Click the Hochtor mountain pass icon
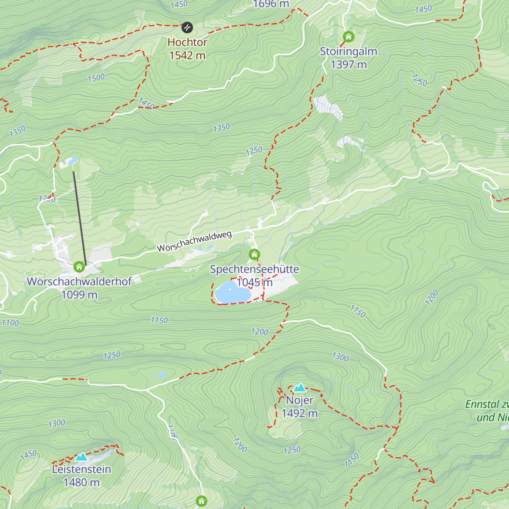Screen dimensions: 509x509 pyautogui.click(x=187, y=28)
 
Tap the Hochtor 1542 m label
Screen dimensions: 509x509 pyautogui.click(x=187, y=49)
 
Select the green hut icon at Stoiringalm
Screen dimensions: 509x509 pyautogui.click(x=348, y=36)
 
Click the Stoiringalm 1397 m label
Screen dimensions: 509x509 pyautogui.click(x=348, y=58)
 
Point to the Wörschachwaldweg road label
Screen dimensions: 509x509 pyautogui.click(x=194, y=241)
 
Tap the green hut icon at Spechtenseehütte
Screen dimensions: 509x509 pyautogui.click(x=254, y=255)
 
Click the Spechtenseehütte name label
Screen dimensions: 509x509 pyautogui.click(x=254, y=269)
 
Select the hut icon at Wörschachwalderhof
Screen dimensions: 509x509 pyautogui.click(x=79, y=267)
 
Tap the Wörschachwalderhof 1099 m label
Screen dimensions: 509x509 pyautogui.click(x=79, y=288)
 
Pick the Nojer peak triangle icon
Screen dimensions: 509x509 pyautogui.click(x=299, y=387)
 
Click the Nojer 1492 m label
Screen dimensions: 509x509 pyautogui.click(x=299, y=406)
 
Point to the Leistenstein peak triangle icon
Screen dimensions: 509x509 pyautogui.click(x=81, y=457)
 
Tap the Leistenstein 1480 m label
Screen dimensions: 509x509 pyautogui.click(x=81, y=475)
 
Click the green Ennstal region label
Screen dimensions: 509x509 pyautogui.click(x=488, y=411)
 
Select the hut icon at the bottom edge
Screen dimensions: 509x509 pyautogui.click(x=201, y=501)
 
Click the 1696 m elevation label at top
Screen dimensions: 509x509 pyautogui.click(x=271, y=4)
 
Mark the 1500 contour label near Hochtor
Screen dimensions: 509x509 pyautogui.click(x=96, y=78)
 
